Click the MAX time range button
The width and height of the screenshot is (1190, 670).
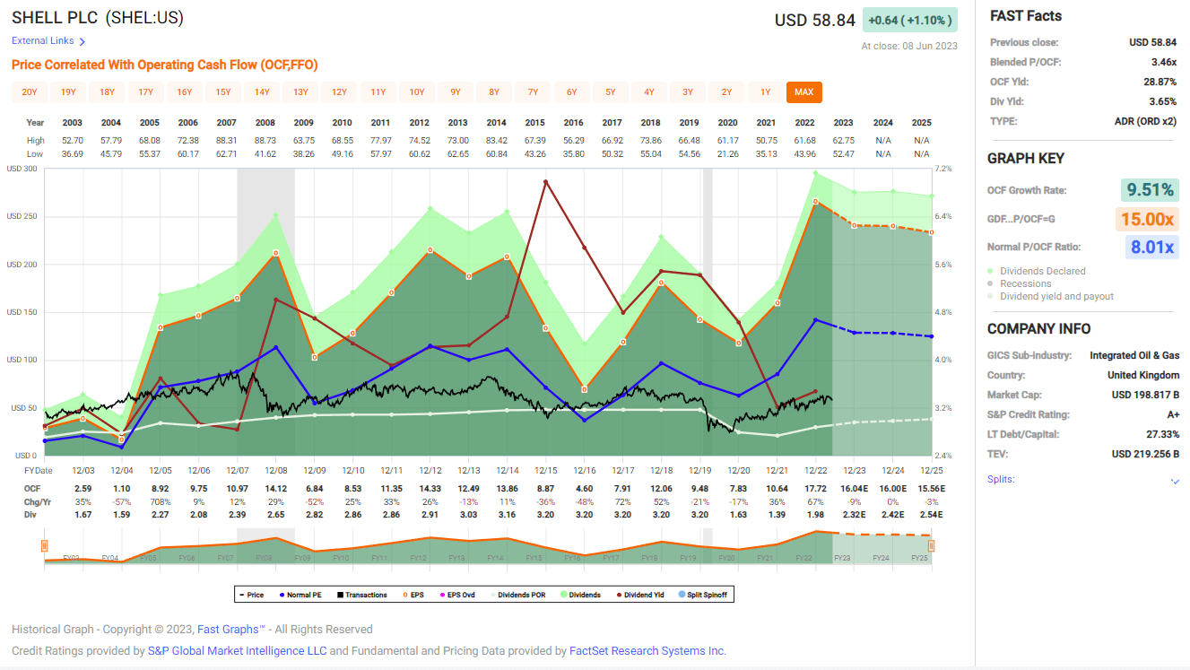point(803,92)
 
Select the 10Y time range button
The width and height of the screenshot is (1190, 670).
point(417,92)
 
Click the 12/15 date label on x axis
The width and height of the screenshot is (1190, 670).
point(546,470)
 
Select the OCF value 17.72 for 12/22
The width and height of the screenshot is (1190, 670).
point(815,488)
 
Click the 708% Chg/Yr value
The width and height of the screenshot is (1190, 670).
point(161,501)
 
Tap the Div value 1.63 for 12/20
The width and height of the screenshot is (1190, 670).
point(738,515)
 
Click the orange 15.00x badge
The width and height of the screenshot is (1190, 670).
point(1147,219)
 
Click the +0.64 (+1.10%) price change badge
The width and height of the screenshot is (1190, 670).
point(909,20)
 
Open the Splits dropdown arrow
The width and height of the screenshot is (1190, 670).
point(1175,481)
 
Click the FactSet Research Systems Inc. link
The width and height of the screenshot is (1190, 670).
point(647,651)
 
